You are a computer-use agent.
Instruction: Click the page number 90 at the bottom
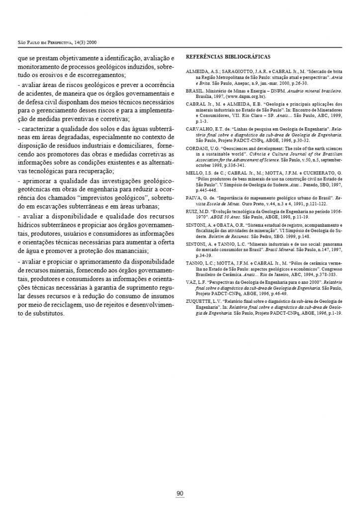pos(180,493)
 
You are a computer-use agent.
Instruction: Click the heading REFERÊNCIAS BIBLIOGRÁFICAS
pos(228,57)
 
